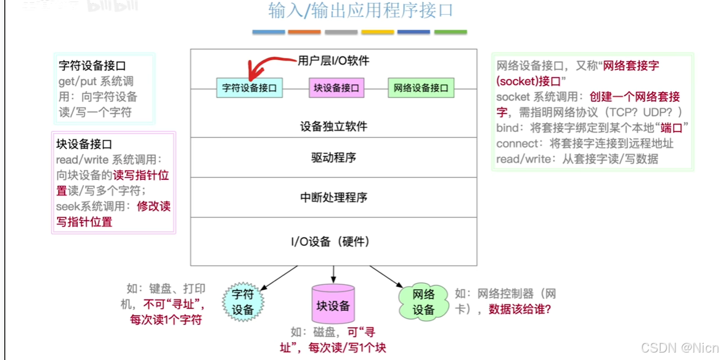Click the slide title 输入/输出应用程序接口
360,11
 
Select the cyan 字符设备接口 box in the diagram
250,88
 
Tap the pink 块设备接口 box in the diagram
336,88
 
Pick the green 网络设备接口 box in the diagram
421,88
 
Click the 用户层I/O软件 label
333,60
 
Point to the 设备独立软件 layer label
333,126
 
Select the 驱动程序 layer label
333,158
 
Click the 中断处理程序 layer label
333,198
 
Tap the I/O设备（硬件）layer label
333,241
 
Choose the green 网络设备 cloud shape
423,303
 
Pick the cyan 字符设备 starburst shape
243,303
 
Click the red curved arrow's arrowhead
250,74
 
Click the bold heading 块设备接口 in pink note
84,144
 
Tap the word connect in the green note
516,144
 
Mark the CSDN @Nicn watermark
680,348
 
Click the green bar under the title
450,31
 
